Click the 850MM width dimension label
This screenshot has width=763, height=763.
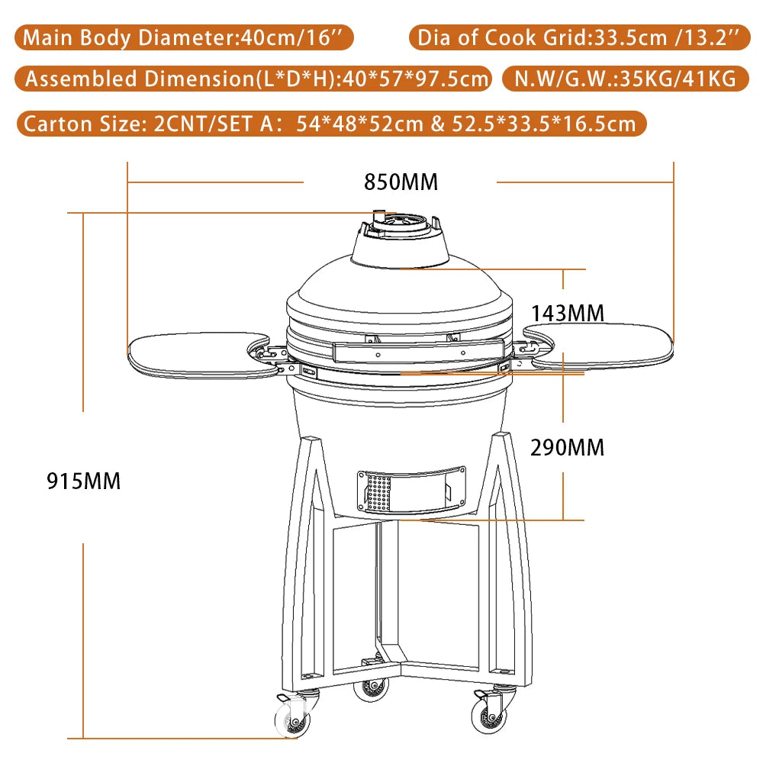click(x=401, y=182)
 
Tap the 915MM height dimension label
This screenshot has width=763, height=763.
click(x=83, y=481)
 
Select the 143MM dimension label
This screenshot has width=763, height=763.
click(x=567, y=313)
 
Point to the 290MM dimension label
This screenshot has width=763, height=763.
click(x=567, y=447)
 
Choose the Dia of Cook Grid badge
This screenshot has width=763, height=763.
click(x=580, y=38)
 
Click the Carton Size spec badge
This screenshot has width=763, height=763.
click(x=330, y=123)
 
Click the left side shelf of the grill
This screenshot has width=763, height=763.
click(x=200, y=352)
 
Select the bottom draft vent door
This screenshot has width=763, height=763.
click(x=410, y=489)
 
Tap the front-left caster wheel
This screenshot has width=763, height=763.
click(x=290, y=718)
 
